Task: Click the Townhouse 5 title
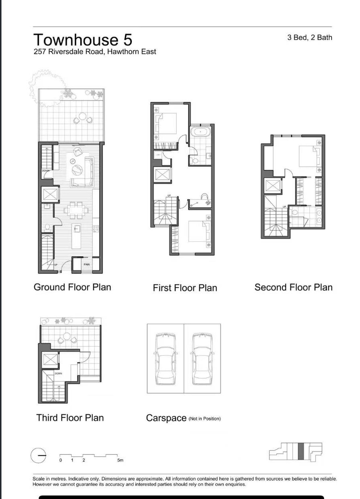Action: tap(83, 40)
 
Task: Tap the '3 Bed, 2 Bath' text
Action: tap(310, 38)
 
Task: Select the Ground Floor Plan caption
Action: tap(72, 287)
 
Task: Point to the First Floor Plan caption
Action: tap(185, 288)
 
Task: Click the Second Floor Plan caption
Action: tap(293, 287)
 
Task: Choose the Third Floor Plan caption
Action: tap(70, 418)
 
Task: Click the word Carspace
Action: tap(166, 418)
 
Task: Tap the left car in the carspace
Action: tap(165, 358)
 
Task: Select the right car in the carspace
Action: tap(202, 358)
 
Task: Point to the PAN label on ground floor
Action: tap(87, 264)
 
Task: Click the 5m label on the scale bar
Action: tap(120, 460)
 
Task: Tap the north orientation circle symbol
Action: tap(38, 455)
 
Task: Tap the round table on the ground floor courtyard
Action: tap(83, 117)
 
